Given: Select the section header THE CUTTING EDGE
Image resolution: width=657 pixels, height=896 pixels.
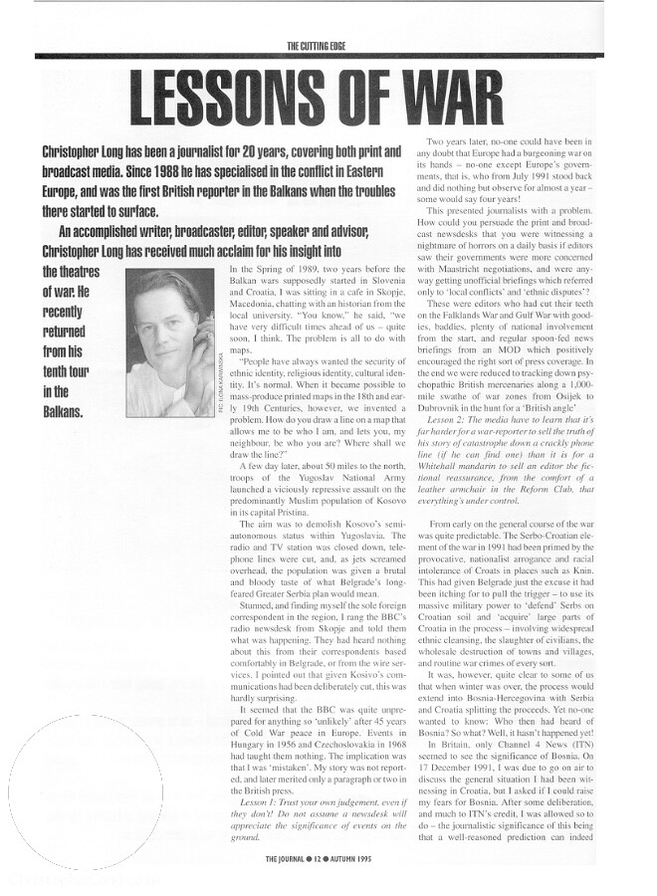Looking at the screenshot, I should [x=328, y=45].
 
